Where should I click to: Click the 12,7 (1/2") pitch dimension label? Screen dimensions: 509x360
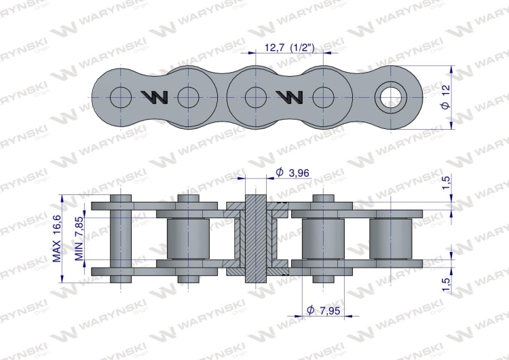tap(290, 48)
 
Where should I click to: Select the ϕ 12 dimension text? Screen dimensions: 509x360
tap(446, 97)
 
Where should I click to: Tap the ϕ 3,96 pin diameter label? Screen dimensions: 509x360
tap(292, 173)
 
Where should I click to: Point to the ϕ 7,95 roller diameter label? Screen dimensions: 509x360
tap(323, 310)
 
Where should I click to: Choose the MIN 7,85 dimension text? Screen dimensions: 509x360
tap(79, 238)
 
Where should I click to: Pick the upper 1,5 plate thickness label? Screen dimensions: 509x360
tap(447, 183)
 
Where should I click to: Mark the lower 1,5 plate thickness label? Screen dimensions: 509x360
tap(447, 285)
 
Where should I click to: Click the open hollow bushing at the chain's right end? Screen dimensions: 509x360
tap(391, 97)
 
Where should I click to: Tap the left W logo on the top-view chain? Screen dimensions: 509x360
tap(155, 97)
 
